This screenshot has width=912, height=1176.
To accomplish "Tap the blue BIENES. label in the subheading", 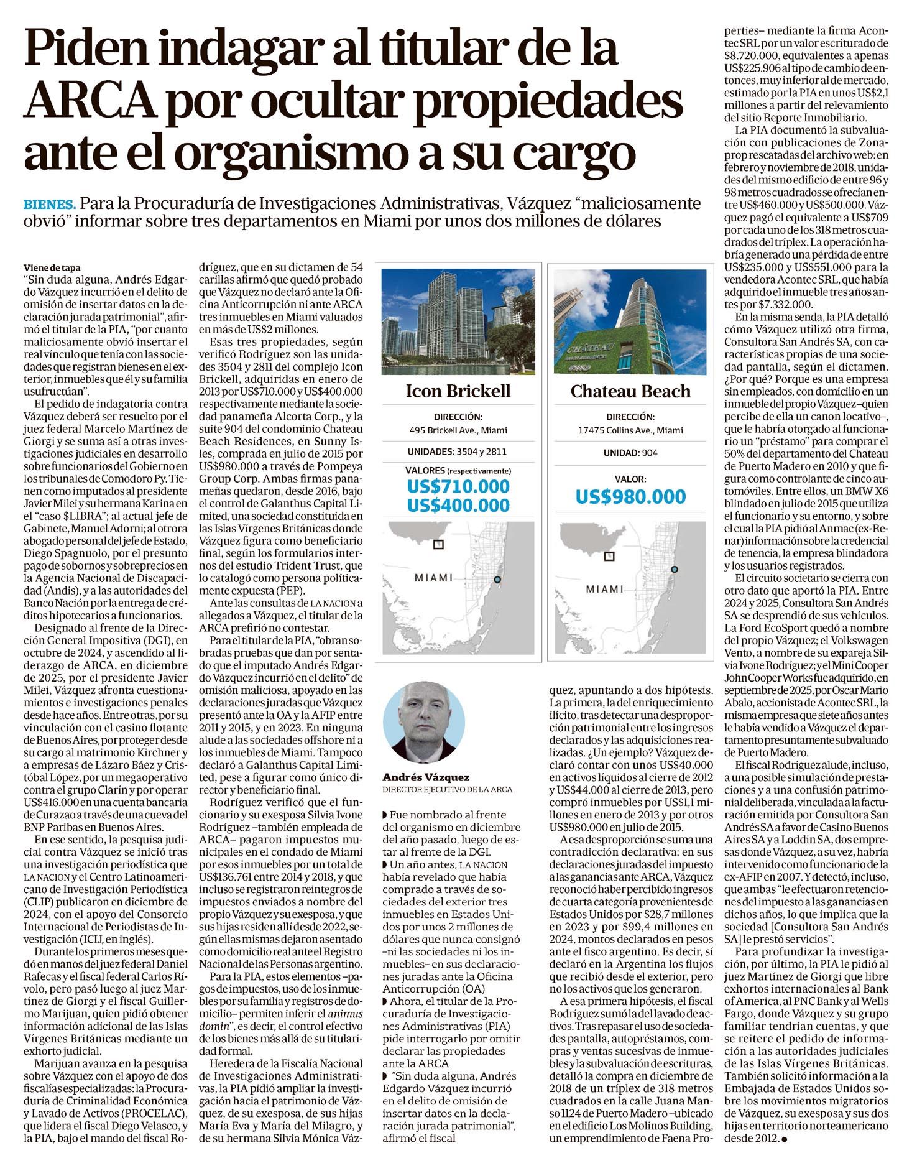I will pos(49,205).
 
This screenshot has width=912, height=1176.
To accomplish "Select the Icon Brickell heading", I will pos(458,391).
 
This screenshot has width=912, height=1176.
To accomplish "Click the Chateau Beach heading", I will pos(630,391).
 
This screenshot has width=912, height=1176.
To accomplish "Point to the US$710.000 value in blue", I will pos(458,486).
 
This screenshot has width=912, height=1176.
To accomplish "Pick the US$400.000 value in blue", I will pos(458,506).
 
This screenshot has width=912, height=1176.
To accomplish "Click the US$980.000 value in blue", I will pos(630,497).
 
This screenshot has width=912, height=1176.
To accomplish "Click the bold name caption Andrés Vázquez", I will pos(426,777).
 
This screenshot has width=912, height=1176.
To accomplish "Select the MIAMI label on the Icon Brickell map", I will pos(433,578).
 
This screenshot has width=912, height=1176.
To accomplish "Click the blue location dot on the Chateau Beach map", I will pos(675,570).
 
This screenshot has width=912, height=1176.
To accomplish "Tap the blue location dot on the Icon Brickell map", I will pos(496,580).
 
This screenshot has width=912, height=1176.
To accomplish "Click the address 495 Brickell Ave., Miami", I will pos(458,430).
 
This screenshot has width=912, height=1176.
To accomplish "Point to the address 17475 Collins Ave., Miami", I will pos(630,430).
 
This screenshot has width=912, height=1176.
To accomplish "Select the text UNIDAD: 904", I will pos(630,453).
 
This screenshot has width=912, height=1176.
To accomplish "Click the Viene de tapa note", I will pos(53,268).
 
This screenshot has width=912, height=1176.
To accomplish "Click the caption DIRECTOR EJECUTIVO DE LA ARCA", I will pos(447,790).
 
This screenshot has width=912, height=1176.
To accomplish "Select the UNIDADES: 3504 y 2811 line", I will pos(458,452).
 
